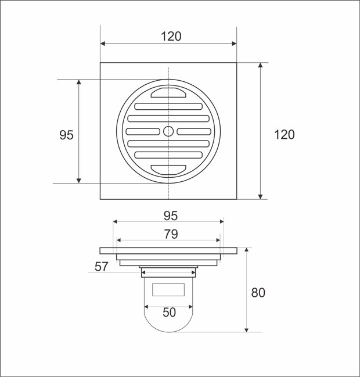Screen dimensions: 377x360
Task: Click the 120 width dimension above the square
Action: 171,36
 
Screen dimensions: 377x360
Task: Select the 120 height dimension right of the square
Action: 284,135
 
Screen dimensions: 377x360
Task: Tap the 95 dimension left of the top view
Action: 66,135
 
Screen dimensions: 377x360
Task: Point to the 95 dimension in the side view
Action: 170,216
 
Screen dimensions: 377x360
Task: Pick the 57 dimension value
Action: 102,266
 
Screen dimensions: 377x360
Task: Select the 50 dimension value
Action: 168,313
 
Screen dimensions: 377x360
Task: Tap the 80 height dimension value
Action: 258,293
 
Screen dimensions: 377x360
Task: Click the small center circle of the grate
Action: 168,131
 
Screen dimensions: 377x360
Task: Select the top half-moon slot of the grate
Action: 168,92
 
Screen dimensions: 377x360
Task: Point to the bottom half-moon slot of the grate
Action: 168,170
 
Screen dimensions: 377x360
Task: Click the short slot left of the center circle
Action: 143,131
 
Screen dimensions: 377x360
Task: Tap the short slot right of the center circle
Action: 194,131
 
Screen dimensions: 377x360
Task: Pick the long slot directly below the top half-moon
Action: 168,106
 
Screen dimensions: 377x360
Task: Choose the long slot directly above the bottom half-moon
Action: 168,155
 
